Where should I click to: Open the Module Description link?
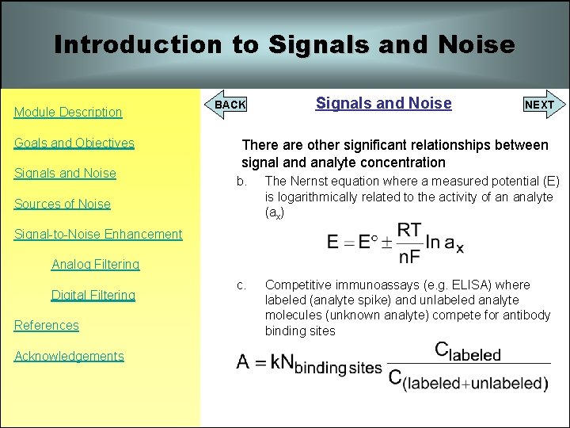(x=68, y=112)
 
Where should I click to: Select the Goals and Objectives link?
(x=74, y=143)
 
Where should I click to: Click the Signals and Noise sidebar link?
(x=65, y=173)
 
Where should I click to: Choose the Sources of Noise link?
(x=63, y=204)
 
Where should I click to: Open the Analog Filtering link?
(x=95, y=264)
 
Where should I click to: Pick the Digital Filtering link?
(x=93, y=295)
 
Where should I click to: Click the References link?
(x=47, y=325)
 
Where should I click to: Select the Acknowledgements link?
(x=70, y=356)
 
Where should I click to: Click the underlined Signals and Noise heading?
(x=383, y=103)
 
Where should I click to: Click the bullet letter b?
(x=241, y=182)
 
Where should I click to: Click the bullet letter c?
(x=241, y=285)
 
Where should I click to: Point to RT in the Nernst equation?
(x=408, y=231)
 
